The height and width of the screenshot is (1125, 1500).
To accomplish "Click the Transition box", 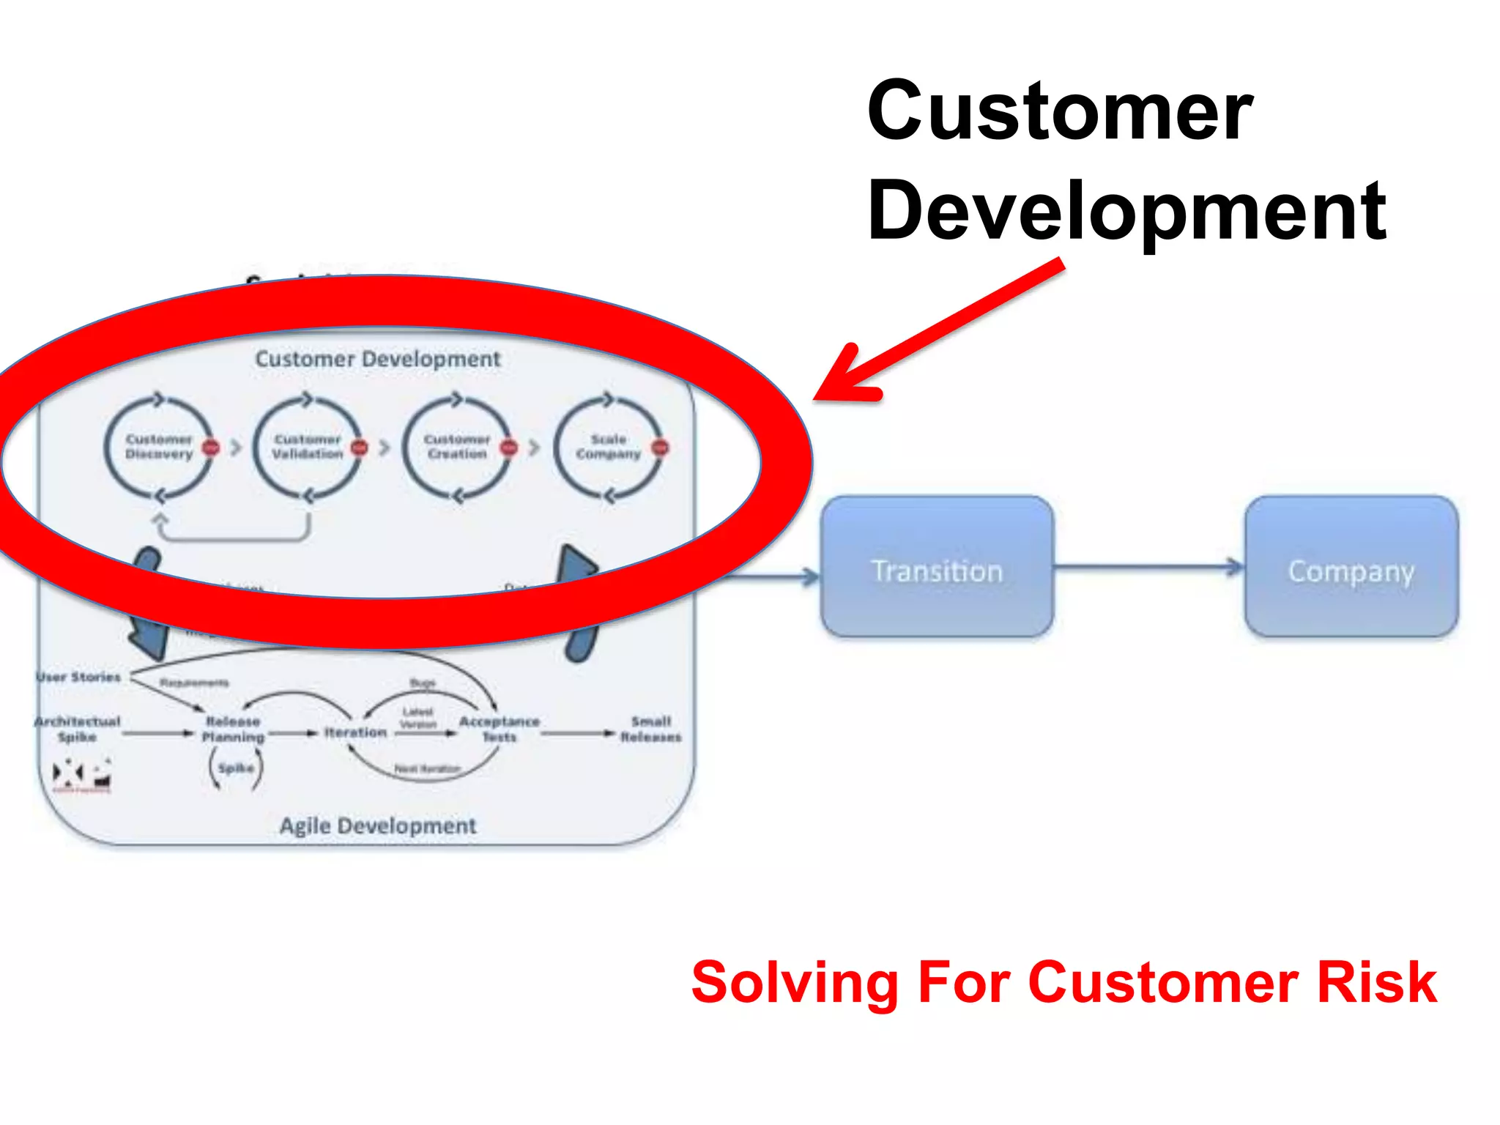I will [x=937, y=568].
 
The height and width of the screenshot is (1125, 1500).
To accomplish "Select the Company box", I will [x=1351, y=568].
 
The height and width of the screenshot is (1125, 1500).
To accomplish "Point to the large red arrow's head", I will [x=842, y=381].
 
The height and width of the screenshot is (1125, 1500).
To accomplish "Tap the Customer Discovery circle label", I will [x=158, y=447].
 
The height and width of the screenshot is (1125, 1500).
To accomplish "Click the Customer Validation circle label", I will [x=308, y=447].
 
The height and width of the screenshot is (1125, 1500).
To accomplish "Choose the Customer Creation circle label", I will [x=457, y=447].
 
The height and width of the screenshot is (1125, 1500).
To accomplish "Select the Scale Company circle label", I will [x=608, y=447].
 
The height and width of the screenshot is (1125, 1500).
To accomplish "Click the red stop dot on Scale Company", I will [x=660, y=447].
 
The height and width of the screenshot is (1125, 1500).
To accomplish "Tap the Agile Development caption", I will [x=378, y=826].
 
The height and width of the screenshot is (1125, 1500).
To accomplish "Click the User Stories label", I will [x=78, y=677].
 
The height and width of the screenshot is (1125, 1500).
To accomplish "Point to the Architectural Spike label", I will [x=77, y=729].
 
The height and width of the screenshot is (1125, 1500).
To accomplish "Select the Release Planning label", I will [x=233, y=729].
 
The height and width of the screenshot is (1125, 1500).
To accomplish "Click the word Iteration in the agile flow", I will [x=355, y=732].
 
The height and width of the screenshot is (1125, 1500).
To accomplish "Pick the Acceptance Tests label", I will [x=499, y=729].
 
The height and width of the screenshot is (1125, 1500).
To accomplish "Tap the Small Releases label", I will [x=650, y=729].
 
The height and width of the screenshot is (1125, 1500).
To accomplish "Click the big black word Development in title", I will [x=1126, y=211].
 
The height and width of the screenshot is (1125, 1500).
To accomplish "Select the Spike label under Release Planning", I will [x=236, y=768].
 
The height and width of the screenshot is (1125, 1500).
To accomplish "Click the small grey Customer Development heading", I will [x=378, y=359].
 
